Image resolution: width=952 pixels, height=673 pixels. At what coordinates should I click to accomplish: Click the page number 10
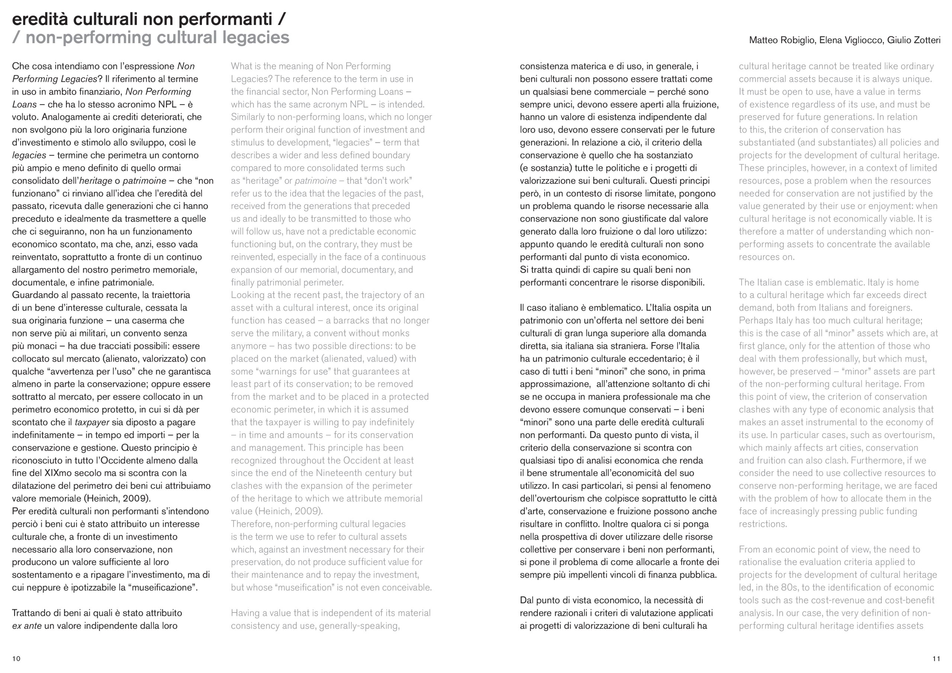point(16,659)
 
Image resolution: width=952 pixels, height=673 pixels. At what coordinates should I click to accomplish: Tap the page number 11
point(936,659)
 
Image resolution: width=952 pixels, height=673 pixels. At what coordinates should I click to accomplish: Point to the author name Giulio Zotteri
point(914,40)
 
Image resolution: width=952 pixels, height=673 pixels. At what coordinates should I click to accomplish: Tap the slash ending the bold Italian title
point(282,19)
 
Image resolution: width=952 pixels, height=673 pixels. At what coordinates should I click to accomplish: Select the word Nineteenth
point(338,473)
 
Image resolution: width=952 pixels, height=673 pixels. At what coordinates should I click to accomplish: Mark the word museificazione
point(163,587)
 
